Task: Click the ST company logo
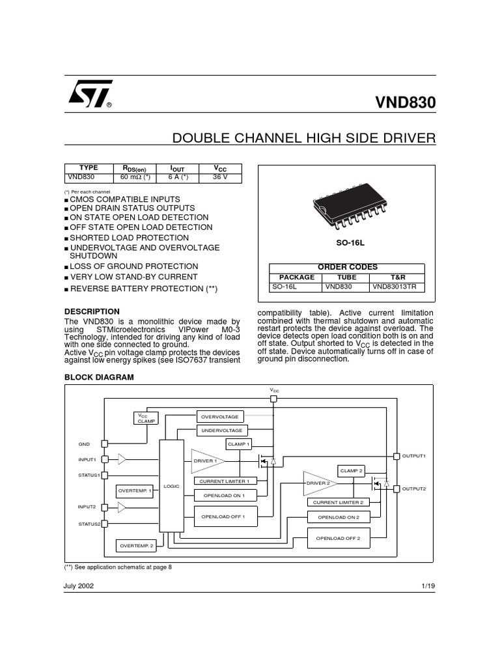[x=90, y=94]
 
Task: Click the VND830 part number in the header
[x=406, y=103]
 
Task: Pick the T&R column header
[x=397, y=277]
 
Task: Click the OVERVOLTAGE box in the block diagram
[x=219, y=416]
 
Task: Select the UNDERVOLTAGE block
[x=221, y=431]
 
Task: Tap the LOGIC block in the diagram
[x=171, y=486]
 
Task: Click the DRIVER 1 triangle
[x=206, y=461]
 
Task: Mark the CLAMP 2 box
[x=352, y=470]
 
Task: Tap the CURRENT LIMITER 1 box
[x=225, y=481]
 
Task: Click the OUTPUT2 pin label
[x=413, y=488]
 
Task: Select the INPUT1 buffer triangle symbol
[x=122, y=459]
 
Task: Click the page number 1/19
[x=428, y=586]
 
